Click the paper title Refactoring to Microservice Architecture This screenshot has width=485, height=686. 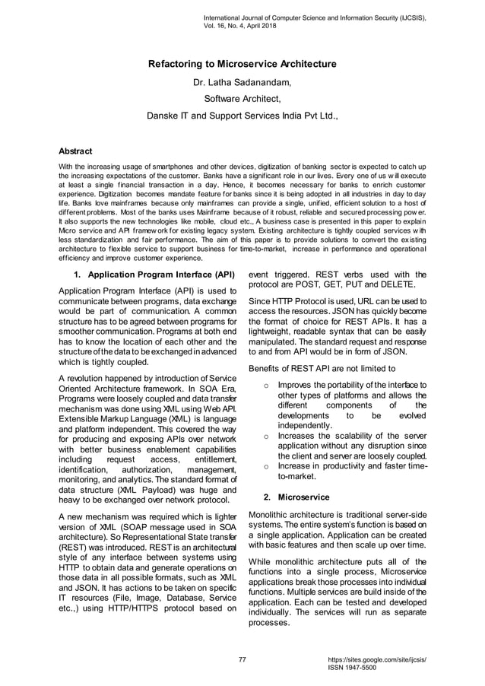tap(242, 65)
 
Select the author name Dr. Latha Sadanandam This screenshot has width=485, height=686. tap(242, 82)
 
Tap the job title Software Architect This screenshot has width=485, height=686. tap(242, 99)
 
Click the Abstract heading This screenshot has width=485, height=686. tap(75, 151)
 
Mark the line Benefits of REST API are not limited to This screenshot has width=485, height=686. tap(322, 369)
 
